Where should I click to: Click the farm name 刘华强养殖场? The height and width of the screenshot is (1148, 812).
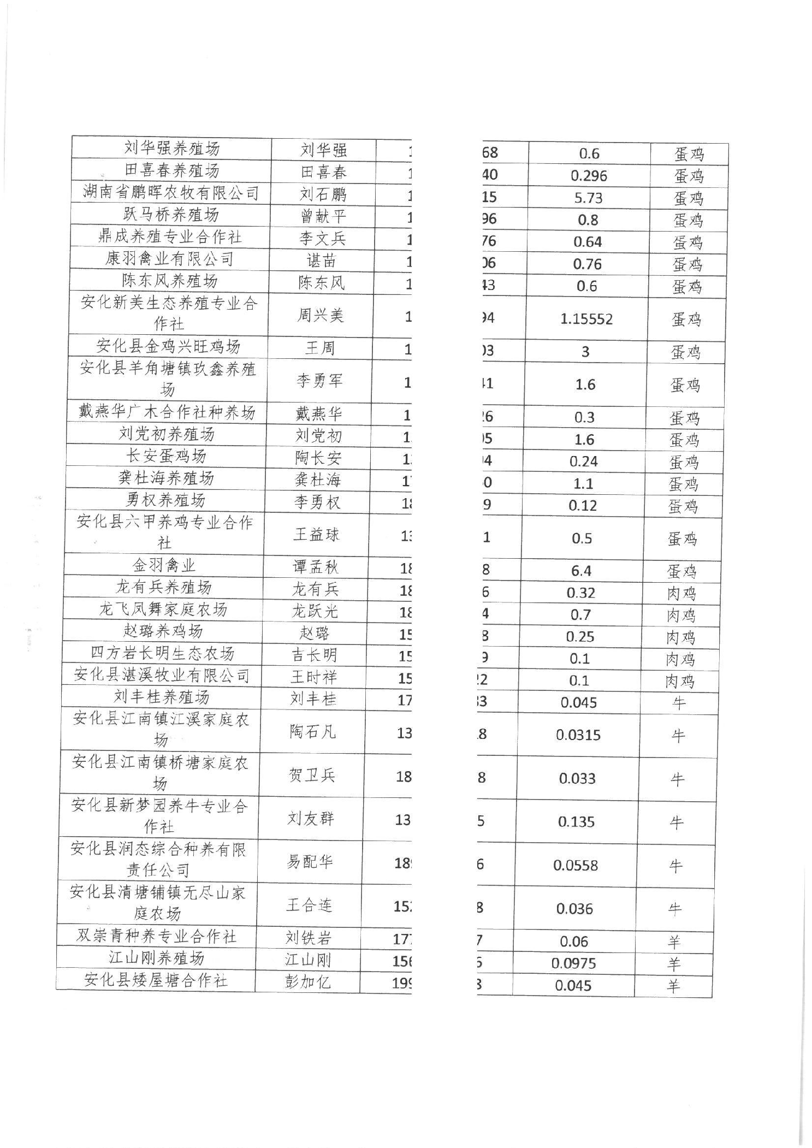[x=171, y=148]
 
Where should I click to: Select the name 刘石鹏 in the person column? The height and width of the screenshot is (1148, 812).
[x=323, y=194]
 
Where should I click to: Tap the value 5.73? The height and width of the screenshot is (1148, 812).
[x=588, y=198]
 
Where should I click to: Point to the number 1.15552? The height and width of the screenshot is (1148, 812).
[x=586, y=319]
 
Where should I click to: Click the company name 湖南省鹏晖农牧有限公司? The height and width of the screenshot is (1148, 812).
[x=171, y=192]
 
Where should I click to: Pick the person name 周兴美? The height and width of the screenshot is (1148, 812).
[x=320, y=315]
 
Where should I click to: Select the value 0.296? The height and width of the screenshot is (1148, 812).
[x=589, y=176]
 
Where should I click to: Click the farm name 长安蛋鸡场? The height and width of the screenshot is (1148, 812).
[x=167, y=455]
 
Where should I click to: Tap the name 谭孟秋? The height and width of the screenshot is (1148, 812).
[x=316, y=567]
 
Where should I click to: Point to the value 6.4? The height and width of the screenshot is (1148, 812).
[x=581, y=571]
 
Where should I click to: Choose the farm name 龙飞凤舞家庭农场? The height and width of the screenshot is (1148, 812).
[x=163, y=609]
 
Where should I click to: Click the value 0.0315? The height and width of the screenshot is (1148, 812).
[x=578, y=735]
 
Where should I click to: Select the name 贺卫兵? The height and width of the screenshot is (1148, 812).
[x=312, y=775]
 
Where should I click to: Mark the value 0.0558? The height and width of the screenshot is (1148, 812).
[x=576, y=866]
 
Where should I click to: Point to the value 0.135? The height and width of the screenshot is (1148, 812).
[x=577, y=822]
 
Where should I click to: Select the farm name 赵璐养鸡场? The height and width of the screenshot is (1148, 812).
[x=163, y=631]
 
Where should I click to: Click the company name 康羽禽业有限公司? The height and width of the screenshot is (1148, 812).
[x=169, y=258]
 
